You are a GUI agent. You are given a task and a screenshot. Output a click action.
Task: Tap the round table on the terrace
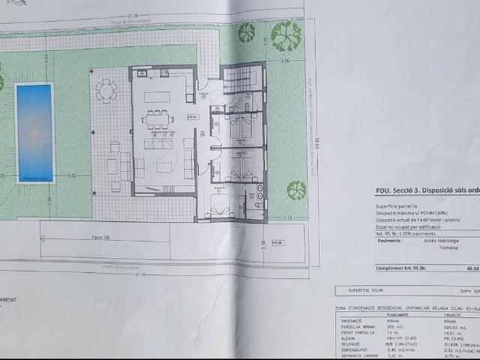click(x=107, y=91)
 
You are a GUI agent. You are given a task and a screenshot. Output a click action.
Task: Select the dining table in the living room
click(x=158, y=118)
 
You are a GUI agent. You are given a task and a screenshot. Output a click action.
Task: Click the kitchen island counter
click(x=157, y=97)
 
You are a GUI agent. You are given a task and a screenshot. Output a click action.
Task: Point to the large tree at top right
click(x=286, y=35)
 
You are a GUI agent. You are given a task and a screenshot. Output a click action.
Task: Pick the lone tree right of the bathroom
click(x=297, y=190)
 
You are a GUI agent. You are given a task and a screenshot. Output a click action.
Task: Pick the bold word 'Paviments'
click(x=390, y=240)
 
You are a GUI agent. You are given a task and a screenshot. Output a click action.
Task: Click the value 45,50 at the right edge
click(x=473, y=267)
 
